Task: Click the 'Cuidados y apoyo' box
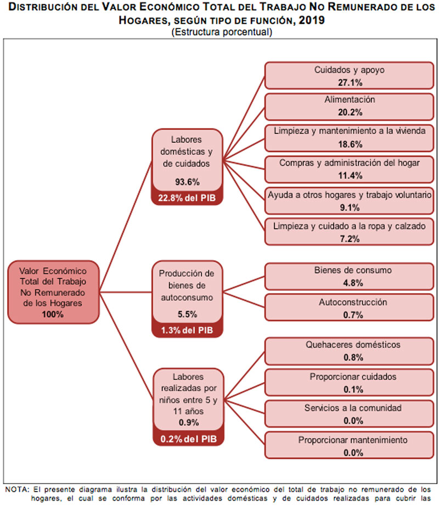coord(349,75)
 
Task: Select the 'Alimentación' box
coord(349,106)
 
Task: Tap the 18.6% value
coord(350,144)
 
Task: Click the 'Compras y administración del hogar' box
coord(349,170)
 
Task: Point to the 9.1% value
coord(350,207)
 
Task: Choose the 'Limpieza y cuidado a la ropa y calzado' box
coord(349,232)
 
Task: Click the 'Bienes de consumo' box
coord(349,277)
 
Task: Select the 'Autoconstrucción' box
coord(349,307)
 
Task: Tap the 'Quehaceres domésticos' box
coord(349,351)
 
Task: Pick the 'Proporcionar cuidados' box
coord(349,383)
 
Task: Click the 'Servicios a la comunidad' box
coord(349,414)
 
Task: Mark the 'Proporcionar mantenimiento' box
coord(349,445)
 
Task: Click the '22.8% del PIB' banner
coord(187,198)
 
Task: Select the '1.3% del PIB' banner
coord(187,330)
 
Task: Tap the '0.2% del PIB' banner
coord(189,439)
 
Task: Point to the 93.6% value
coord(187,182)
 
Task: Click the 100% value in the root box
coord(53,315)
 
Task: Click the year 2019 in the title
coord(311,20)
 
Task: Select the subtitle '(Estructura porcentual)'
coord(222,32)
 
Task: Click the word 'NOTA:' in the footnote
coord(17,489)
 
